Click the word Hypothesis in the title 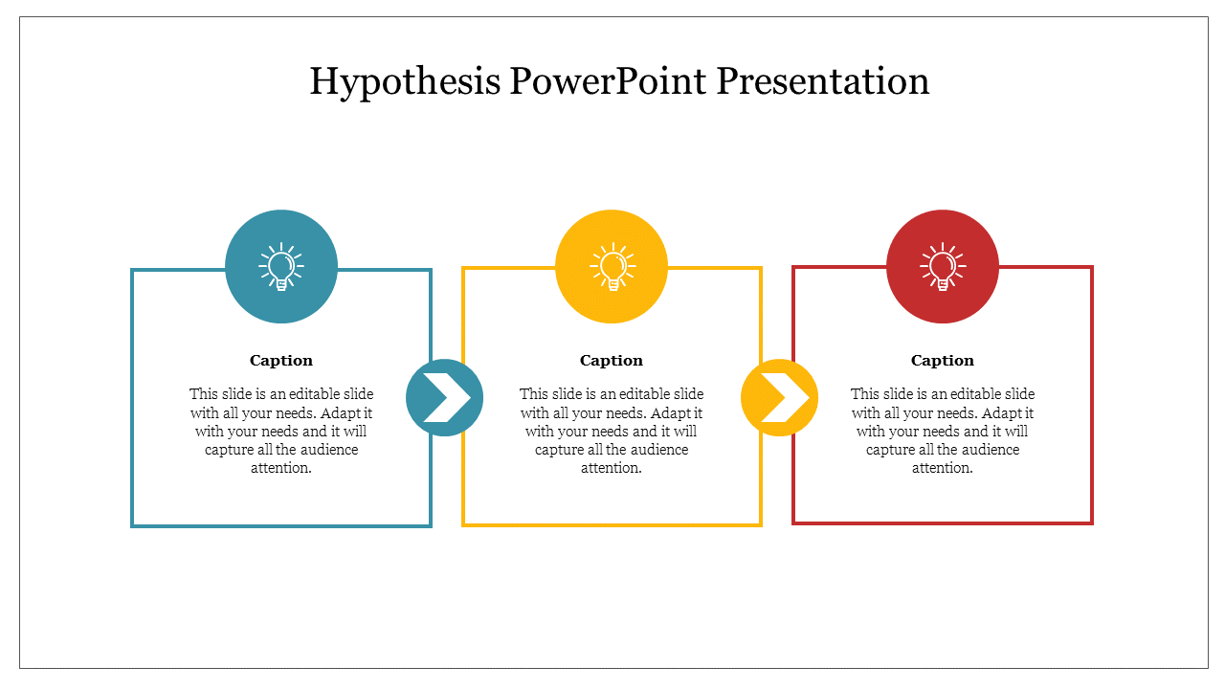[x=405, y=82]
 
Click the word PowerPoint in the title [x=608, y=81]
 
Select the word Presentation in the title [x=823, y=81]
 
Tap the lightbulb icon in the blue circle [x=281, y=266]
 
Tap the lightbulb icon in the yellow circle [x=612, y=266]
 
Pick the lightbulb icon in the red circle [x=943, y=266]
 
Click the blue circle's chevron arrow [x=447, y=397]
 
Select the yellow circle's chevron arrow [x=786, y=397]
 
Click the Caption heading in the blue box [x=281, y=361]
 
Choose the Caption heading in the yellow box [x=612, y=361]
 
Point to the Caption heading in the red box [x=943, y=361]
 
